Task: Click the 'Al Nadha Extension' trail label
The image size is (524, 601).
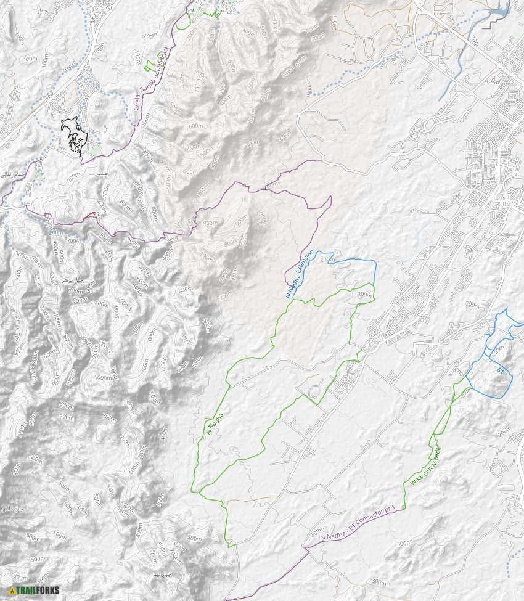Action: point(300,274)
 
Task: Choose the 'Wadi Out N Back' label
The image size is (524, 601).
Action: point(426,467)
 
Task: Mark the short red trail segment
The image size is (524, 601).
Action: point(89,215)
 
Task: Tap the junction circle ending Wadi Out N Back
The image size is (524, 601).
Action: point(403,507)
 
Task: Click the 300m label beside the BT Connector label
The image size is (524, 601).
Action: point(317,531)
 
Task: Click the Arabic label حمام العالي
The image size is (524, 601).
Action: point(14,175)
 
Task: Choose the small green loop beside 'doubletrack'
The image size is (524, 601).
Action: point(149,65)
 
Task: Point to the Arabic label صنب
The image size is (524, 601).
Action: point(102,174)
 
